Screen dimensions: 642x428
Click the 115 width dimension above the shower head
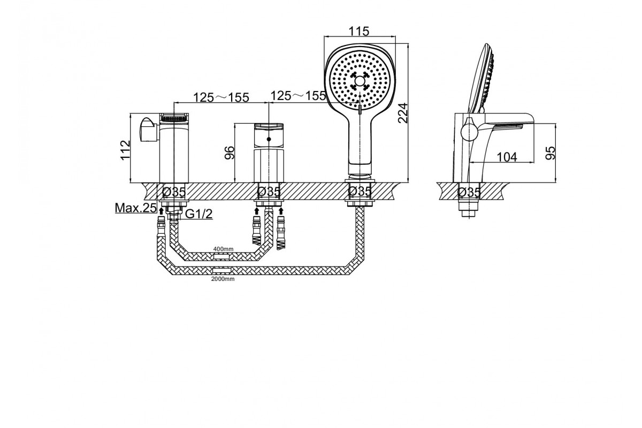pos(359,31)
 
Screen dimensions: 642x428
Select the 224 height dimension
pos(403,113)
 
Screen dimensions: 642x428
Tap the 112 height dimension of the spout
pos(125,150)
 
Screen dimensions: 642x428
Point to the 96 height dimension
pos(230,152)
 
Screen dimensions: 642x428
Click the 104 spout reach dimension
pos(507,157)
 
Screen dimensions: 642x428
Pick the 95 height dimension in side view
pos(551,153)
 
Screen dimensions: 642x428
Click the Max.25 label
pos(136,208)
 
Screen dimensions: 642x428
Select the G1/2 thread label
pos(199,213)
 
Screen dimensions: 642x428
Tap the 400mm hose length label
pos(223,249)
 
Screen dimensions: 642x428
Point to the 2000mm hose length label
pos(223,279)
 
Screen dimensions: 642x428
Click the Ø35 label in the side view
pos(469,192)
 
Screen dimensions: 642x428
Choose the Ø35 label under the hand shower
pos(360,191)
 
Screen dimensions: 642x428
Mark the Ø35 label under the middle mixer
pos(269,192)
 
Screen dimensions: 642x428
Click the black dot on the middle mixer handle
pos(269,139)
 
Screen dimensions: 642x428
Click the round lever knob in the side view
pos(469,133)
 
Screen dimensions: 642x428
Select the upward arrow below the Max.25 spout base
pos(162,211)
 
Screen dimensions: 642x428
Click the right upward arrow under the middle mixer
pos(281,211)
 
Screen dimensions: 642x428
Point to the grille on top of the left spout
pos(174,117)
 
